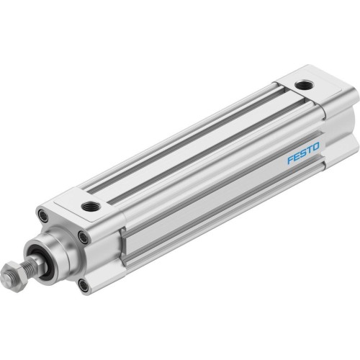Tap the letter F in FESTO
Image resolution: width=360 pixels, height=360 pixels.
[x=289, y=159]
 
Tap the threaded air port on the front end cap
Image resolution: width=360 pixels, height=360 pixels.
[x=91, y=207]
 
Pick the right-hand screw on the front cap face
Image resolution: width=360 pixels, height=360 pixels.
[x=84, y=238]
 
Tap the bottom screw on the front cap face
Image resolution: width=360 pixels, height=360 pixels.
[x=84, y=286]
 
